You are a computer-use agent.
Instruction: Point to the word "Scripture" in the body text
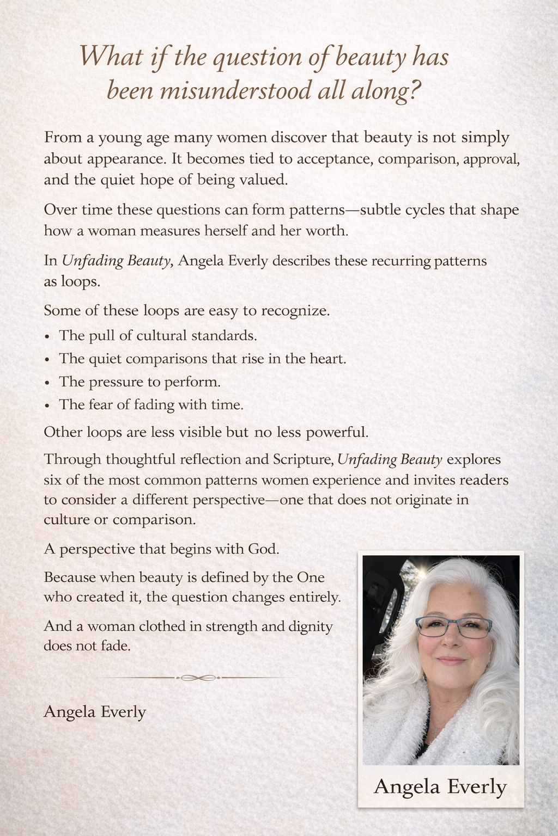pyautogui.click(x=294, y=459)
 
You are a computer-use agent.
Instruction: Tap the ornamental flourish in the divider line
pyautogui.click(x=197, y=678)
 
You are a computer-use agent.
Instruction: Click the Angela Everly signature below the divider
pyautogui.click(x=94, y=711)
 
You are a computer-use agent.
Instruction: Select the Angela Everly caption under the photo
pyautogui.click(x=440, y=786)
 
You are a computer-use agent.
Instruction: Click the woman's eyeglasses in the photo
pyautogui.click(x=444, y=628)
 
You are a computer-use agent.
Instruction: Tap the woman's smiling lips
pyautogui.click(x=450, y=660)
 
